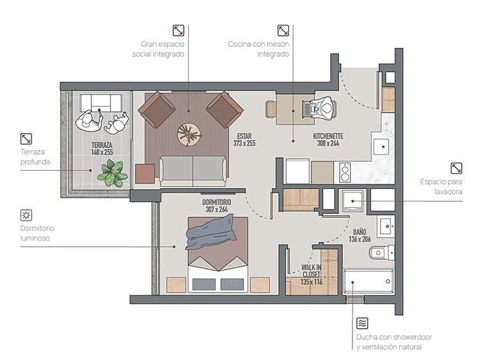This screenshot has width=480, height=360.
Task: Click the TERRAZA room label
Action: point(102,145)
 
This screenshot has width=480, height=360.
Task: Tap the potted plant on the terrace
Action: point(112,173)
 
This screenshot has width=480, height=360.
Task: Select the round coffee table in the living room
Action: point(190,134)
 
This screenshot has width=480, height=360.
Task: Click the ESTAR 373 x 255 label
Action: point(244,140)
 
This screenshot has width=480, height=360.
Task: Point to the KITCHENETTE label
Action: point(328,136)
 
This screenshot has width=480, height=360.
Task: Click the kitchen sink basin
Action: point(381,146)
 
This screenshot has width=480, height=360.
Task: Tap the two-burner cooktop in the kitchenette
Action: point(346,173)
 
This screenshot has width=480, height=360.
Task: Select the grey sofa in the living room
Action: point(193,171)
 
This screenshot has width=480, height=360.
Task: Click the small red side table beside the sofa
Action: point(145,173)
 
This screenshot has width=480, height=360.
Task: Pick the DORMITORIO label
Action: point(217,202)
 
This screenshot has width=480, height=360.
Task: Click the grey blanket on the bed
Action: point(211,232)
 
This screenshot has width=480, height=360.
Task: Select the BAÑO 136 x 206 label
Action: point(359,235)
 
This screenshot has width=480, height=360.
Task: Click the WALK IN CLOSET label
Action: point(311,271)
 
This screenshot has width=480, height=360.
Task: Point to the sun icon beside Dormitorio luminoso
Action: point(26,215)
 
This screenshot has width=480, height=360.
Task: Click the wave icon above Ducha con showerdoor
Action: point(362,323)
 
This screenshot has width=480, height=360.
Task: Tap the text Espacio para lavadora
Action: point(441,187)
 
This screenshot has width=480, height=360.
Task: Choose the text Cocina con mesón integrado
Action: point(259,49)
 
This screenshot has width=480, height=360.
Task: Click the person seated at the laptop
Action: point(325,109)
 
